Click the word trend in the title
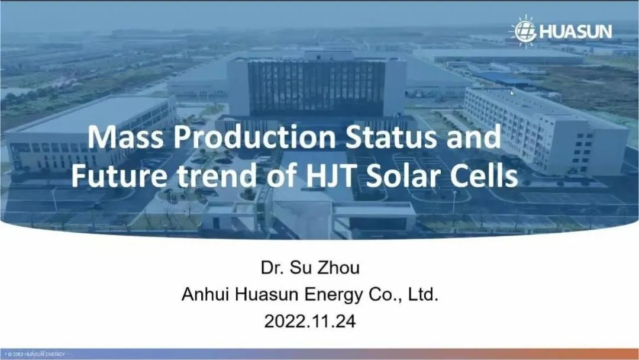pyautogui.click(x=218, y=176)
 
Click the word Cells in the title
pyautogui.click(x=483, y=176)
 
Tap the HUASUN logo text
pyautogui.click(x=576, y=32)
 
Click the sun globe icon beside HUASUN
pyautogui.click(x=524, y=31)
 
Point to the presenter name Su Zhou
pyautogui.click(x=324, y=268)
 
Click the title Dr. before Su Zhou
pyautogui.click(x=272, y=268)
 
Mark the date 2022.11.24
pyautogui.click(x=309, y=322)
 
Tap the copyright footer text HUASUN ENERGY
pyautogui.click(x=45, y=354)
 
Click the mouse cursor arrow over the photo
pyautogui.click(x=512, y=93)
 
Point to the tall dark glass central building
pyautogui.click(x=316, y=88)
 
